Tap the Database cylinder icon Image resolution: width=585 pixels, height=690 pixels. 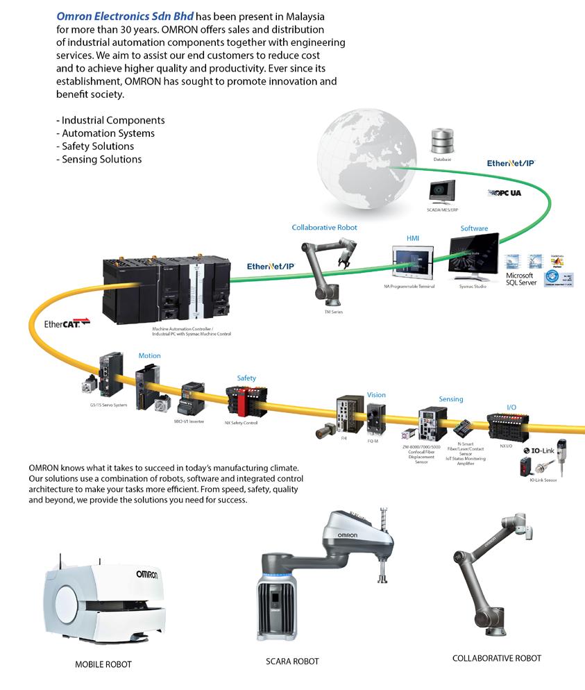[442, 142]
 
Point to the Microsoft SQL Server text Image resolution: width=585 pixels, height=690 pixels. [519, 279]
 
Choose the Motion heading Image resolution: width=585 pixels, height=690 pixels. [149, 355]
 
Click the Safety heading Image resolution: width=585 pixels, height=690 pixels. [246, 378]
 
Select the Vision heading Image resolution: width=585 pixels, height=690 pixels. [376, 395]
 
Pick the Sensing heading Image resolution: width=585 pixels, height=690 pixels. [450, 399]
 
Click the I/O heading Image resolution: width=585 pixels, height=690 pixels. [511, 407]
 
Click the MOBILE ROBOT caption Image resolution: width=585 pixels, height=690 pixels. [103, 664]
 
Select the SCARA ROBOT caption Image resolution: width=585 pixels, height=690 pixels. [292, 662]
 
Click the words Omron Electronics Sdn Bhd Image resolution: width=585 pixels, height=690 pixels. [125, 15]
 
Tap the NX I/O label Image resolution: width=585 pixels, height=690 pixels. [506, 446]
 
